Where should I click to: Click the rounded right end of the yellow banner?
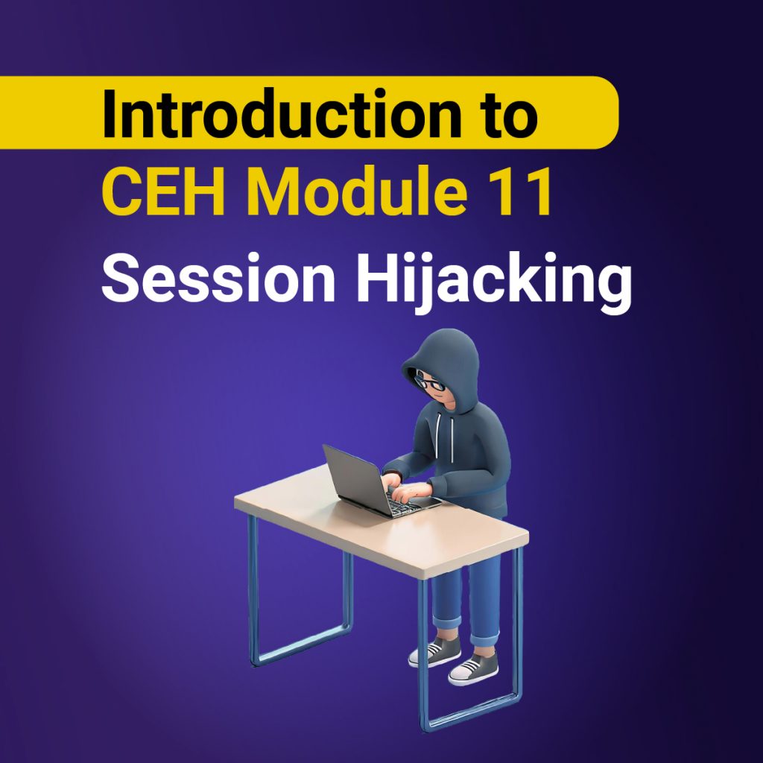coord(607,113)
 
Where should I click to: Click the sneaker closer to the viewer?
coord(473,668)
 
